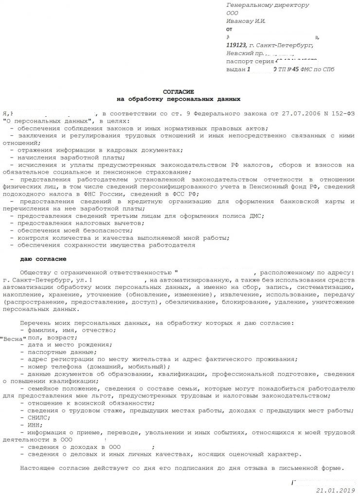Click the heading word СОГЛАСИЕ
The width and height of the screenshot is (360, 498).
[178, 91]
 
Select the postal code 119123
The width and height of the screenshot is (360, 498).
[236, 45]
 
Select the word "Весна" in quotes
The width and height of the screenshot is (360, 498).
[13, 338]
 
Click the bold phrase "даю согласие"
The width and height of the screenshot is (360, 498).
[43, 259]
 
